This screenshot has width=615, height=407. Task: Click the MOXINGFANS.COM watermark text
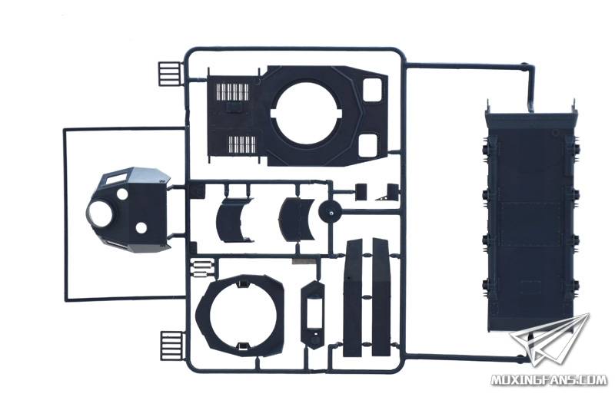[549, 379]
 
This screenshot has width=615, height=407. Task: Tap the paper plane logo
[550, 339]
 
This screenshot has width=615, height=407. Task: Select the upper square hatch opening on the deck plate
[372, 90]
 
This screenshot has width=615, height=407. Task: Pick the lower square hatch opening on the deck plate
[369, 145]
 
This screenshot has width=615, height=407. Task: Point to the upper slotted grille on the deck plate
[233, 92]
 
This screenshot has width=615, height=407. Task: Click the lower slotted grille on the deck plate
[242, 144]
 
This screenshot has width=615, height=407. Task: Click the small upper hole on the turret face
[122, 194]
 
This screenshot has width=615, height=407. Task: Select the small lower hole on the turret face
[141, 228]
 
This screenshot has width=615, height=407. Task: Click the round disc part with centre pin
[331, 211]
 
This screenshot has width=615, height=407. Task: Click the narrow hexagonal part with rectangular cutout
[313, 314]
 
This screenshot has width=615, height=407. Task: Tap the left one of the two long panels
[352, 299]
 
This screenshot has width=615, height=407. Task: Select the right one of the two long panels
[381, 297]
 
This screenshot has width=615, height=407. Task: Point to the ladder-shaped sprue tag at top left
[169, 74]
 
